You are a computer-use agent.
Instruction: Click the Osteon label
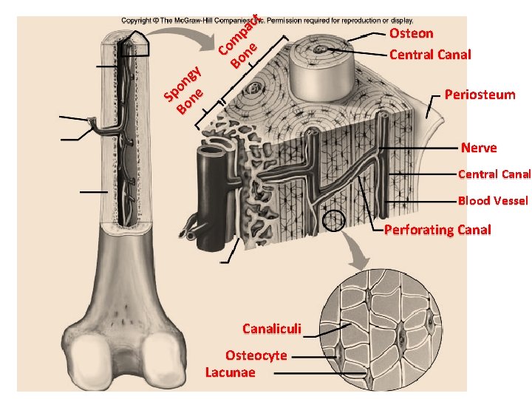coord(411,33)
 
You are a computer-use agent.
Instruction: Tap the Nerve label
coord(479,148)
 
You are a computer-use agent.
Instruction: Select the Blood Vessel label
coord(493,201)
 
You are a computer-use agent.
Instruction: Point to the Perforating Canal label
coord(437,230)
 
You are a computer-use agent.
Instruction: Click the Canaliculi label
coord(271,328)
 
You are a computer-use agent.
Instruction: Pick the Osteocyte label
coord(256,355)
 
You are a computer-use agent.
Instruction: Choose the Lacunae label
coord(230,372)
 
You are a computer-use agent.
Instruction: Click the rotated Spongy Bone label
coord(183,90)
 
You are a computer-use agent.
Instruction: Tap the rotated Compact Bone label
coord(239,43)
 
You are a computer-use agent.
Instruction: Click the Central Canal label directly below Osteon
coord(429,55)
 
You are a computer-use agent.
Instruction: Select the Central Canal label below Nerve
coord(494,174)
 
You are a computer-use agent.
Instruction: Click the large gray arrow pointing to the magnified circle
coord(360,255)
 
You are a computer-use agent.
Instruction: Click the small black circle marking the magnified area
coord(333,220)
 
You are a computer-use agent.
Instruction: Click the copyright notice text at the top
coord(267,21)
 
